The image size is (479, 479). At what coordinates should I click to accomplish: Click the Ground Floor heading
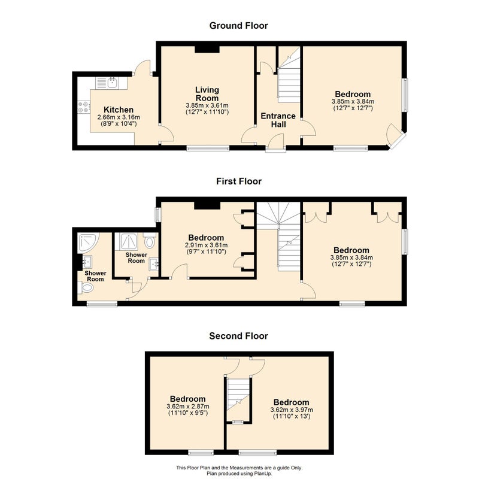pos(238,26)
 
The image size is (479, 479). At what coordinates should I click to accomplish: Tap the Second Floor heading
pos(238,336)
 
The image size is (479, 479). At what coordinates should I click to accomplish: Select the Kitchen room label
pos(119,110)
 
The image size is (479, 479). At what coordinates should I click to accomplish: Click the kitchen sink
pos(113,83)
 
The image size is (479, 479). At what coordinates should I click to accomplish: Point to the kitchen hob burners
pos(83,107)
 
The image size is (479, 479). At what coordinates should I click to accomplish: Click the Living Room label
pos(207,94)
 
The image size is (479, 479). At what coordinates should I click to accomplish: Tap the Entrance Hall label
pos(278,120)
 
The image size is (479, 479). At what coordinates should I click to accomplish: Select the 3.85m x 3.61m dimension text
pos(207,106)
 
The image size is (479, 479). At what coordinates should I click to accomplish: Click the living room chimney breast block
pos(207,49)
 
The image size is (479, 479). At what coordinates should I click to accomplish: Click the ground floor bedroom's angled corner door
pos(395,135)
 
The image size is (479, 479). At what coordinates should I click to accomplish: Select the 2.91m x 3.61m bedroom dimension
pos(206,245)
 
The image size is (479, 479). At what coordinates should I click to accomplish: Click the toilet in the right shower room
pos(149,241)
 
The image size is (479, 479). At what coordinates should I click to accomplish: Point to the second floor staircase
pos(238,395)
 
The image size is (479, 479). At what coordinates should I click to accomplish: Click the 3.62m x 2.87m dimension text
pos(188,407)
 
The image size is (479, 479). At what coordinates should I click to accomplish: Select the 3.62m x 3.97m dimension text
pos(292,410)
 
